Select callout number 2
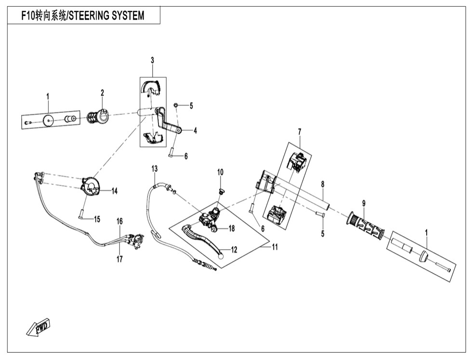[103, 93]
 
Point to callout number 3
[152, 60]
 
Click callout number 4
[195, 131]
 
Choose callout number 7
[299, 132]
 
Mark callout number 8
[323, 184]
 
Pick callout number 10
[220, 172]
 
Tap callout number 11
[275, 247]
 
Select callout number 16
[119, 221]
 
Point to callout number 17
[119, 259]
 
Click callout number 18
[231, 228]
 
